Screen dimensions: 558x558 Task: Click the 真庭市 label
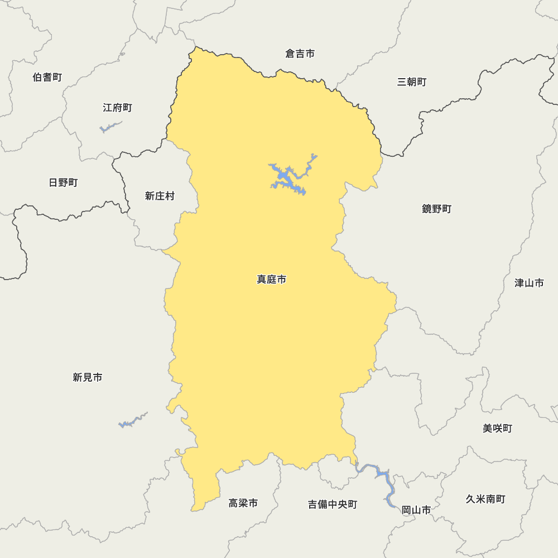pos(271,280)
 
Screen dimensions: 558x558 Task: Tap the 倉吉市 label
pos(300,54)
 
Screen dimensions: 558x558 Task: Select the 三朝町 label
pos(412,82)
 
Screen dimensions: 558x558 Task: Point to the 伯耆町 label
pos(47,77)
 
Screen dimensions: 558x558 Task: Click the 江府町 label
pos(117,108)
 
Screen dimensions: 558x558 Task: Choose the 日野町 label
pos(63,182)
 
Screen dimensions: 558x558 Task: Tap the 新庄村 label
pos(160,196)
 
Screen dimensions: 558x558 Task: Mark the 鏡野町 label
pos(436,209)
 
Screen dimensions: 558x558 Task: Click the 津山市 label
pos(529,283)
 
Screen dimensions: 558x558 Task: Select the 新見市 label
pos(88,377)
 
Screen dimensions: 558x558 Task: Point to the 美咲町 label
pos(497,429)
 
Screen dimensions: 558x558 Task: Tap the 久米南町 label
pos(485,499)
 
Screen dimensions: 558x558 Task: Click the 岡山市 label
pos(416,510)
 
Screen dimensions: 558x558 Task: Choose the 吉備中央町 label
pos(333,504)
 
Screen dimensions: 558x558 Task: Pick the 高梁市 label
pos(243,503)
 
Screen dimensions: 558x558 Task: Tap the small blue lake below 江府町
pos(109,128)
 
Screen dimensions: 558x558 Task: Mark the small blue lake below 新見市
pos(132,421)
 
